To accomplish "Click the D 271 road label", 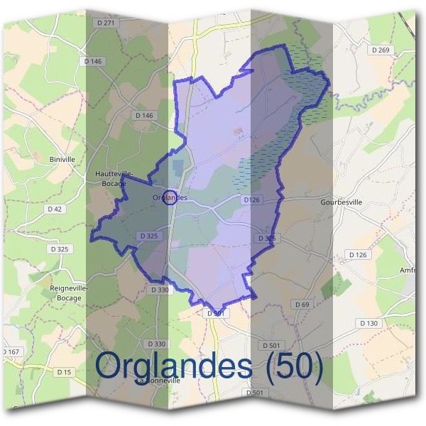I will coord(105,23).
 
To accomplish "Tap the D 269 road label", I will coord(381,50).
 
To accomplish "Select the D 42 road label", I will coord(55,209).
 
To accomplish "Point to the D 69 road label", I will coord(301,305).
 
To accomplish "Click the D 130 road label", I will coord(368,323).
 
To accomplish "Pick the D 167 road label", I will coord(10,352).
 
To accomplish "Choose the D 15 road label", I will coord(64,372).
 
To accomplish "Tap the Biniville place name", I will coord(62,159).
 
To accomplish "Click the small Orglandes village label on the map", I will coord(170,197).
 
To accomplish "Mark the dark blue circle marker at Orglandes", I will coord(170,197).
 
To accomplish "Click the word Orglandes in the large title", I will coord(174,367).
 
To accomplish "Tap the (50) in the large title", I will coord(292,367).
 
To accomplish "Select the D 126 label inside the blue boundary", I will coord(251,200).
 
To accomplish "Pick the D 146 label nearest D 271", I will coord(94,62).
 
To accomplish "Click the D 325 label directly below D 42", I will coord(60,249).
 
